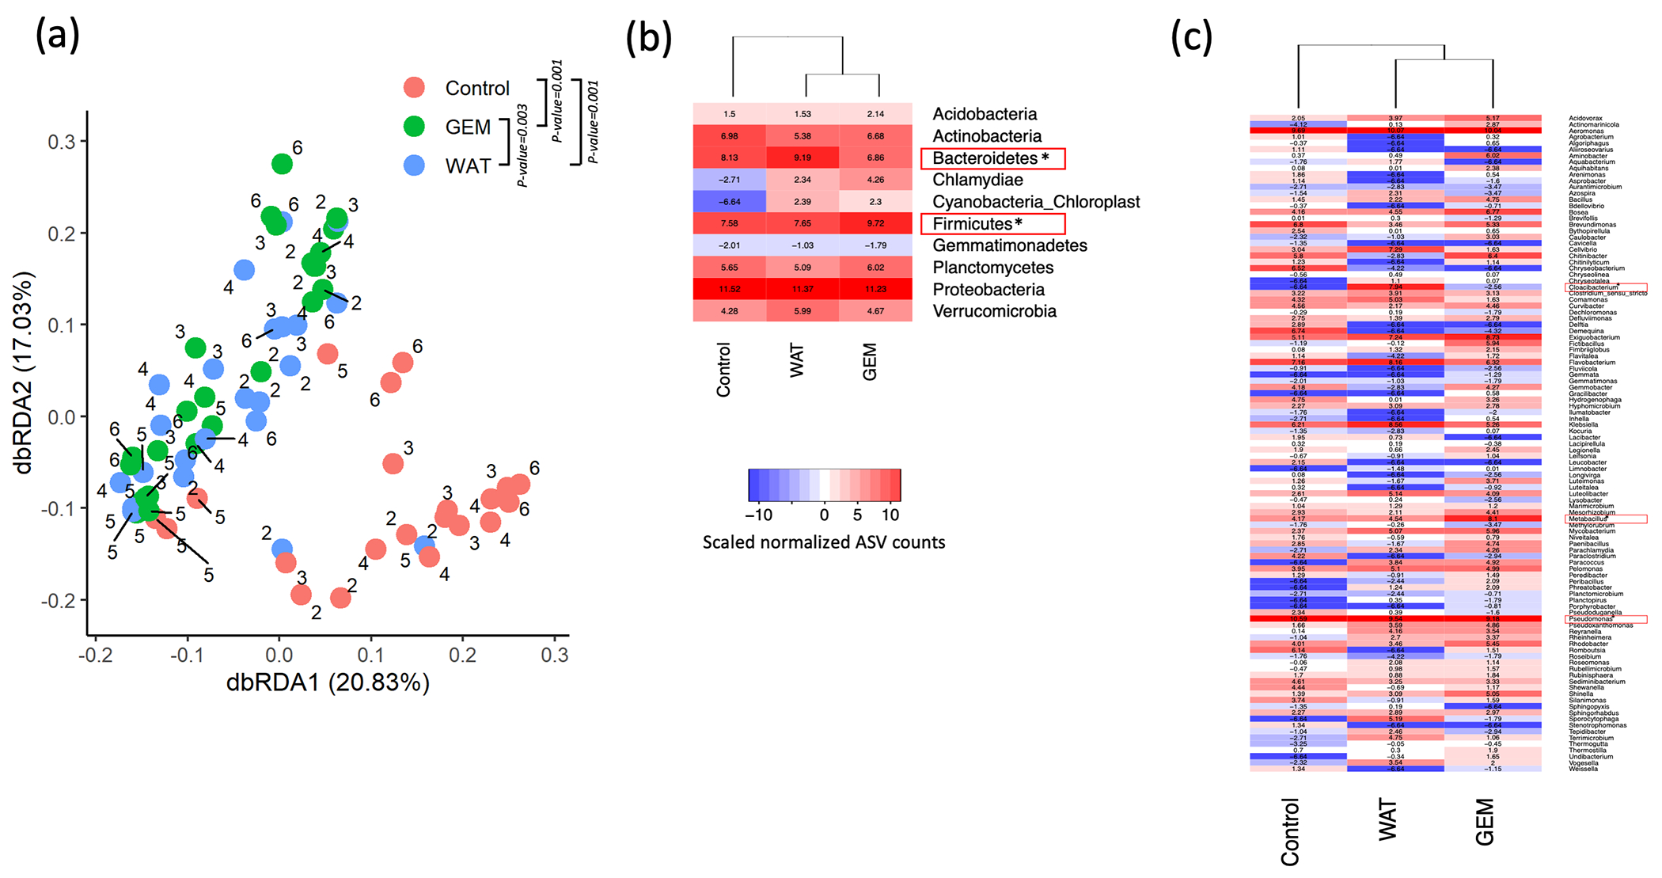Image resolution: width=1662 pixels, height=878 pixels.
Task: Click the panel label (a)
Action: pyautogui.click(x=57, y=36)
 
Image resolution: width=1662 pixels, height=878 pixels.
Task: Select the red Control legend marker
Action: pyautogui.click(x=414, y=88)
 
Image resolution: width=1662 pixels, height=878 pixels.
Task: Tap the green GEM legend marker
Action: pyautogui.click(x=414, y=127)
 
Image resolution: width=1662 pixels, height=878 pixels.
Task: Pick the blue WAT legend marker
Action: pyautogui.click(x=414, y=165)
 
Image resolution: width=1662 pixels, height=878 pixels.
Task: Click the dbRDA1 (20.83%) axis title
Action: pyautogui.click(x=328, y=682)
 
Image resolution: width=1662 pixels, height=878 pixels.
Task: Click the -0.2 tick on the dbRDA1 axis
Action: pyautogui.click(x=96, y=656)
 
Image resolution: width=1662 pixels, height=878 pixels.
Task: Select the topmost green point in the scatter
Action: pyautogui.click(x=282, y=164)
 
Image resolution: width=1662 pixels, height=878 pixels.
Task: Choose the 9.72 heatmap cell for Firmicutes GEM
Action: pyautogui.click(x=875, y=224)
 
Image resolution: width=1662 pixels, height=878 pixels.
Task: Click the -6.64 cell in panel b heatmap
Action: pyautogui.click(x=729, y=202)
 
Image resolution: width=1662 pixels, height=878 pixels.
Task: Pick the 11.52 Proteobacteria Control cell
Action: pyautogui.click(x=729, y=290)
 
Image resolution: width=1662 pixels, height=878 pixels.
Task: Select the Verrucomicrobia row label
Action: pyautogui.click(x=994, y=312)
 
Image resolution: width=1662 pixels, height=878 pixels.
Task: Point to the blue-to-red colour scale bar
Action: pyautogui.click(x=824, y=485)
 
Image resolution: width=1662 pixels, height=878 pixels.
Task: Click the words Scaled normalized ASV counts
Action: pyautogui.click(x=824, y=542)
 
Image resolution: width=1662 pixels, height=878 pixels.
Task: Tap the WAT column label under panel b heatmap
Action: pyautogui.click(x=797, y=361)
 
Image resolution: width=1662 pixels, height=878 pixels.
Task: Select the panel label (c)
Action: pyautogui.click(x=1191, y=36)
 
